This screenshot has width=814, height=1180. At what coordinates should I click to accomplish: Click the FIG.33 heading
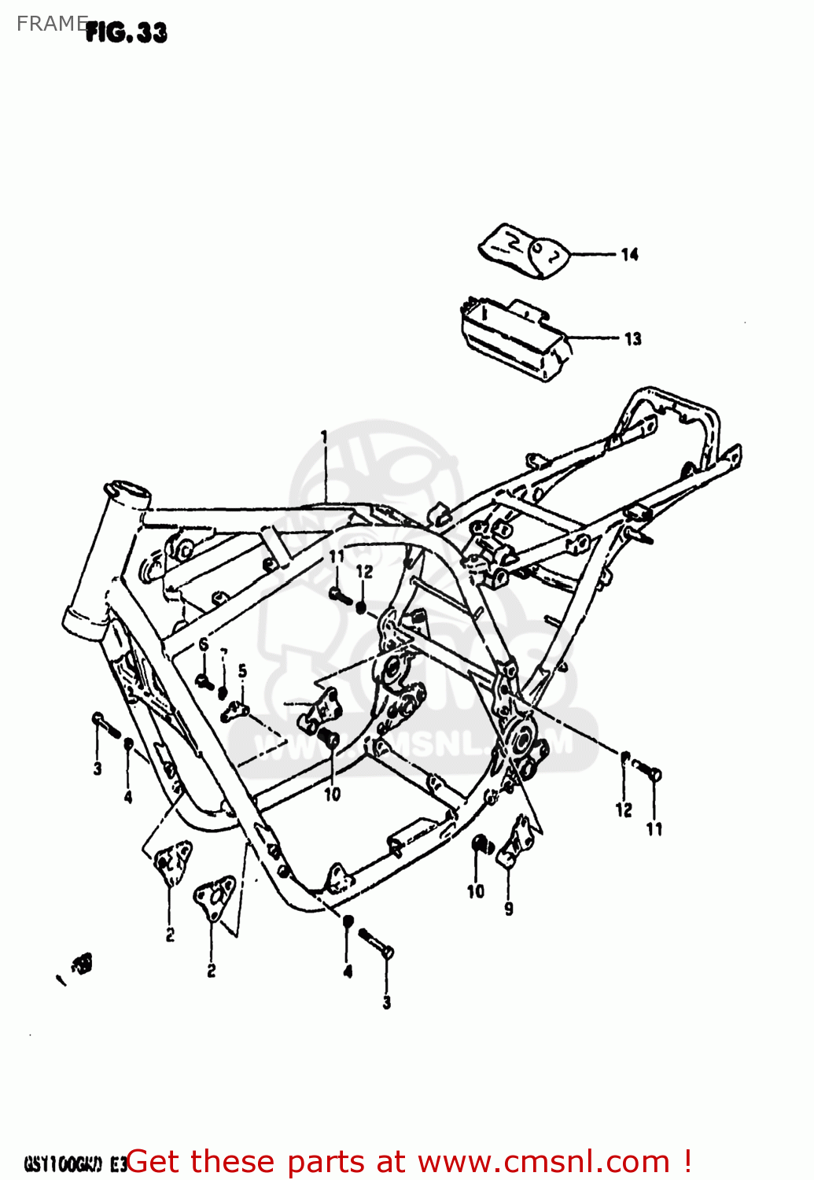[x=126, y=32]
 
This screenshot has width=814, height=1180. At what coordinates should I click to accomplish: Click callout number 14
[x=629, y=254]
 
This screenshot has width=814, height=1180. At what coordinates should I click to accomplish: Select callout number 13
[x=633, y=339]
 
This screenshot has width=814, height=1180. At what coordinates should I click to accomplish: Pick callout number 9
[x=509, y=909]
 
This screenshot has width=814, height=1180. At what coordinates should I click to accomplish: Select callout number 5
[x=242, y=671]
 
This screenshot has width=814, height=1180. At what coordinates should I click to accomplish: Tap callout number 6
[x=203, y=645]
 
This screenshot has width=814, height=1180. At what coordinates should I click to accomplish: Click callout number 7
[x=223, y=653]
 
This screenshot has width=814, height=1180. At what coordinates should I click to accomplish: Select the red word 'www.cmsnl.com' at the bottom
[x=543, y=1162]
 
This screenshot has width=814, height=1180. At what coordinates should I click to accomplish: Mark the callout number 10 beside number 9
[x=476, y=891]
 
